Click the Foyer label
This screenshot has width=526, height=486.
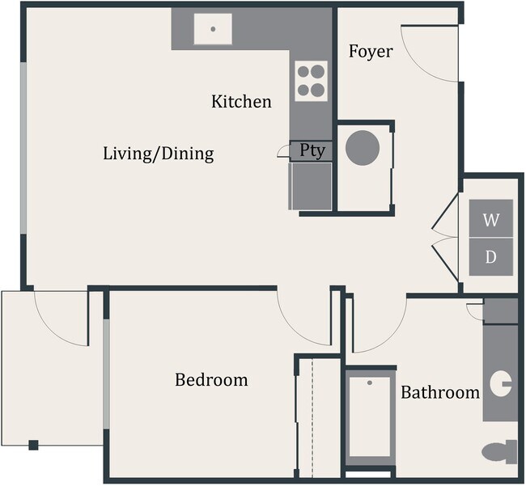(x=371, y=52)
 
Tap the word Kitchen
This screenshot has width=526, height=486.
(x=241, y=102)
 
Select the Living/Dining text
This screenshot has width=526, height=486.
(x=159, y=153)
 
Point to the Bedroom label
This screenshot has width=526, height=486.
(x=211, y=379)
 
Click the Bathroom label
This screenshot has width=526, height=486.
(x=440, y=393)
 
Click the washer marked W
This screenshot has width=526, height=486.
(x=491, y=219)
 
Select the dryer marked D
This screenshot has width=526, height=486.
(x=491, y=257)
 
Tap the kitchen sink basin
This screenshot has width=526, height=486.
(x=213, y=30)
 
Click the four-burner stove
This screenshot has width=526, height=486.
(x=311, y=80)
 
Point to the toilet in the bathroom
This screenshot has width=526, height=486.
(x=498, y=451)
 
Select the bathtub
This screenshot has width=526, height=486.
(x=370, y=417)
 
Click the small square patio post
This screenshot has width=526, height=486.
(x=33, y=444)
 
